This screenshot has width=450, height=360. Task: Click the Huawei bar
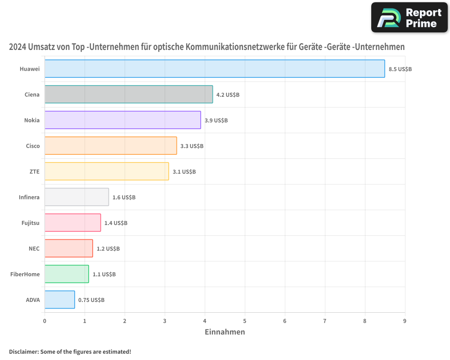tap(215, 69)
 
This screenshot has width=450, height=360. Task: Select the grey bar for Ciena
tap(129, 94)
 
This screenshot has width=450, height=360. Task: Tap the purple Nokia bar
tap(122, 120)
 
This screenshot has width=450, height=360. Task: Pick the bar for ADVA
tap(59, 300)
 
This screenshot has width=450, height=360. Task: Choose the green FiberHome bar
tap(67, 274)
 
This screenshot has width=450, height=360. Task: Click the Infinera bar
tap(76, 197)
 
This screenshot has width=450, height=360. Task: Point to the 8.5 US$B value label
tap(400, 69)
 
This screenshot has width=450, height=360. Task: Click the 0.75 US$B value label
tap(91, 300)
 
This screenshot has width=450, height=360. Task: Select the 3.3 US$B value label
tap(192, 146)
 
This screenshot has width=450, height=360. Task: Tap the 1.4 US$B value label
tap(116, 223)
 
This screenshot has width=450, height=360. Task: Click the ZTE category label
tap(34, 171)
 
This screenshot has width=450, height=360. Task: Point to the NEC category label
tap(34, 248)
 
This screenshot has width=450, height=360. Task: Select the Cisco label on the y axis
tap(33, 146)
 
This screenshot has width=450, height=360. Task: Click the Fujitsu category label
tap(31, 223)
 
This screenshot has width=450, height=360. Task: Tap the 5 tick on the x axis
tap(245, 321)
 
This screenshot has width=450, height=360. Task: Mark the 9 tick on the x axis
tap(405, 321)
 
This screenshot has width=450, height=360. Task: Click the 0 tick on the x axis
tap(45, 321)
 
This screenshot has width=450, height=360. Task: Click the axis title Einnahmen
tap(225, 332)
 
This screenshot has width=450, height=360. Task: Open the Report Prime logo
tap(409, 18)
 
